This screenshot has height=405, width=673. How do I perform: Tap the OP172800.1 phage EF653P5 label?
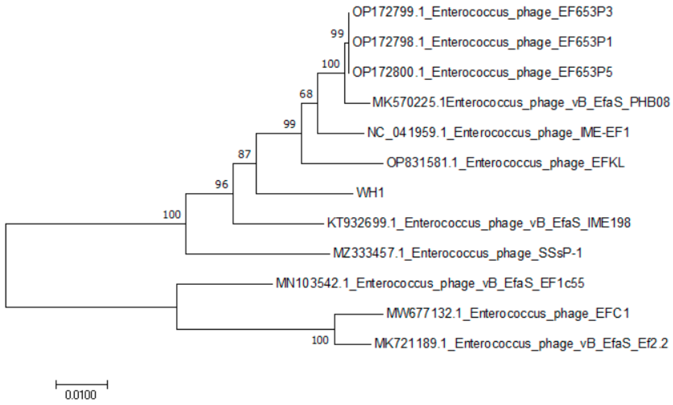pos(482,73)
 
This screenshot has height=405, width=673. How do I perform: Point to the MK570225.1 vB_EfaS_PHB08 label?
pos(521,103)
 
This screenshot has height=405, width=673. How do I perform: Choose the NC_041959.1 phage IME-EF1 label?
pos(498,133)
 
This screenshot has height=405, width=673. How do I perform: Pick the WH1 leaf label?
pos(370,193)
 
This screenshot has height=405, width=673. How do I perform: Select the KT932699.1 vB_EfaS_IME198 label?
pos(479,223)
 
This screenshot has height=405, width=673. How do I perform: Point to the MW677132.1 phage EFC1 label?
pos(507,314)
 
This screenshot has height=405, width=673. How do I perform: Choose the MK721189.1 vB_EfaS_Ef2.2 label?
pos(521,344)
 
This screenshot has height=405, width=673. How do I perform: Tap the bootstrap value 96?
pos(221,185)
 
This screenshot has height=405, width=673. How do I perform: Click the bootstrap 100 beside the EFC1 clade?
pos(320,340)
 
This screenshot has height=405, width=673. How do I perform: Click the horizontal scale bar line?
pos(82,384)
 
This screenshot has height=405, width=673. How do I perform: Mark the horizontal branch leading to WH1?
pos(305,194)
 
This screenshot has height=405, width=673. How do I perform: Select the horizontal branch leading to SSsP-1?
pos(258,254)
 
